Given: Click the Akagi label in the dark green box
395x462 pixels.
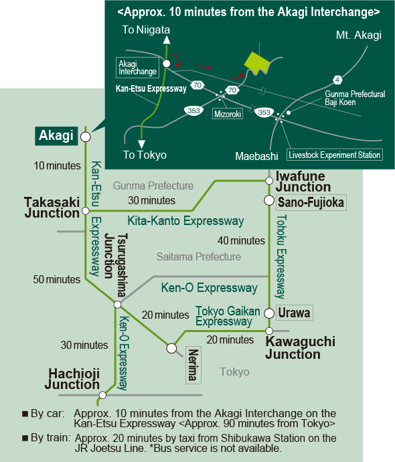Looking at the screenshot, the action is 56,136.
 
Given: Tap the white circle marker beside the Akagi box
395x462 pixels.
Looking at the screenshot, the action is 86,137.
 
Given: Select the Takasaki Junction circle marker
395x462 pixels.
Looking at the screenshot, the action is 86,211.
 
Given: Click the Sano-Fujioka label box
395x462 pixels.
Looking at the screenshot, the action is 311,202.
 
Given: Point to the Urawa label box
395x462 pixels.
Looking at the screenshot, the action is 295,313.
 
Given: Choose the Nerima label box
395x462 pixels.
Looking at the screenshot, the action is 193,365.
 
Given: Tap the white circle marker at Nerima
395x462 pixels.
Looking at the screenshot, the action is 171,348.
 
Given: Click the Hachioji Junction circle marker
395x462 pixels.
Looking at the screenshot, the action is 102,395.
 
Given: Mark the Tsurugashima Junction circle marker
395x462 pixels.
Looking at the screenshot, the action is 117,305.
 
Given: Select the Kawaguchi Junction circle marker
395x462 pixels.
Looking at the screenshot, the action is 269,331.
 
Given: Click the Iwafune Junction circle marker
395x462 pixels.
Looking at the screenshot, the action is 269,181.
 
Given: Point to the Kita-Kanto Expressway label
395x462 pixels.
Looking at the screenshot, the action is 185,221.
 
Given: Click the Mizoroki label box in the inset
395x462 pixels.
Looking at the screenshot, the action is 228,114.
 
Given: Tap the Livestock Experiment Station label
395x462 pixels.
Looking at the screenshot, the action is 335,155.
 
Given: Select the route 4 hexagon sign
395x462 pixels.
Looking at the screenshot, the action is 337,80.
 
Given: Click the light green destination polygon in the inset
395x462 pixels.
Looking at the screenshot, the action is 257,63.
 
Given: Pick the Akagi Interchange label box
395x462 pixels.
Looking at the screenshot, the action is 137,68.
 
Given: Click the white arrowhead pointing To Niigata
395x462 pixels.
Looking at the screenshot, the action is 167,40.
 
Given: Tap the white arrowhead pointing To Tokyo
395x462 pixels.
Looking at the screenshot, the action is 142,144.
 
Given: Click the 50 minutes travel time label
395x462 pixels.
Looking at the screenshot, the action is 56,279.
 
